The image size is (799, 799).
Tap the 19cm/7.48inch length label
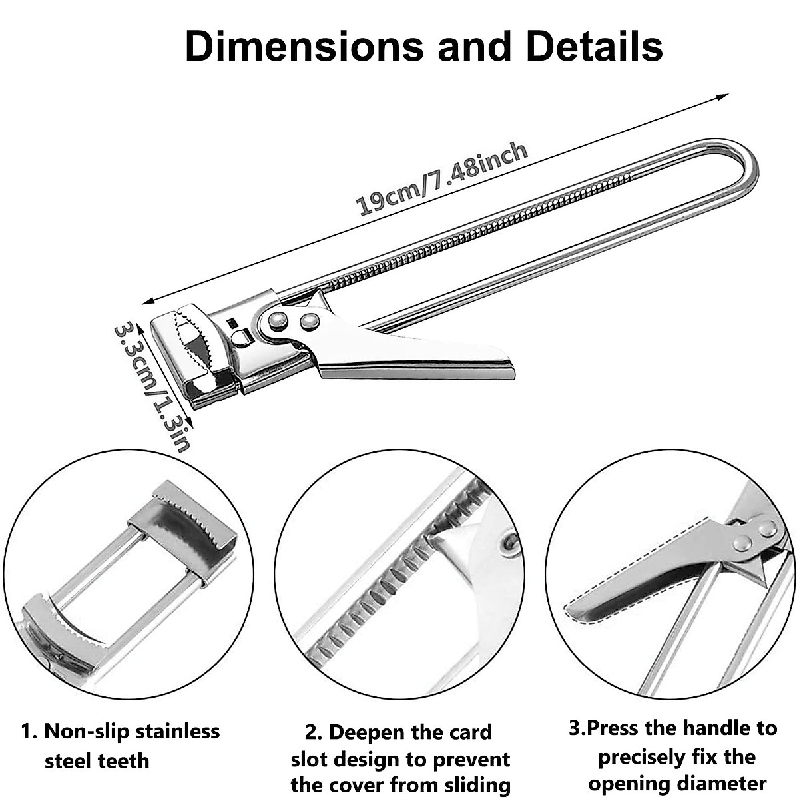tap(443, 178)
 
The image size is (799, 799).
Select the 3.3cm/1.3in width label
tap(152, 386)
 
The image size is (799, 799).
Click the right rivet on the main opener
tap(308, 321)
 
